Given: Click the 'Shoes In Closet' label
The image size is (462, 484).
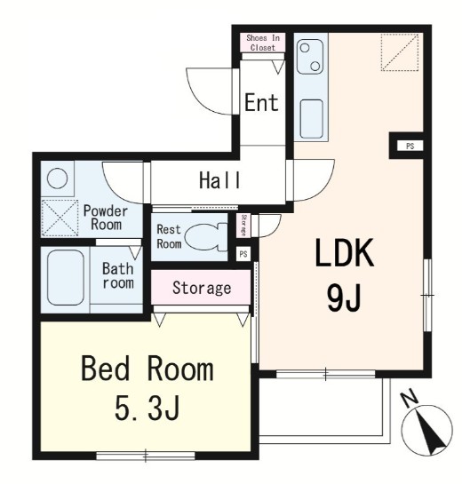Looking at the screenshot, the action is coord(263,43).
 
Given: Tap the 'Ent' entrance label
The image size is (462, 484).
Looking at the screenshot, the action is coord(261,102).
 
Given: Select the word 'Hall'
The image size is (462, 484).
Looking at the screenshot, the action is coord(219,180).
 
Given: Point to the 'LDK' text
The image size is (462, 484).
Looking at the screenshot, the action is coord(345,253).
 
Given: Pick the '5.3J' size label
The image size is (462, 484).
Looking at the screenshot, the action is coord(147,407).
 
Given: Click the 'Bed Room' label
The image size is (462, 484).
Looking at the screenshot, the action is coord(147,369).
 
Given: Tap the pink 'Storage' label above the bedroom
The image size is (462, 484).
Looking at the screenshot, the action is coord(202,288).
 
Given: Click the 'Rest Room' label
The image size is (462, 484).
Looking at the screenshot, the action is coord(169,236).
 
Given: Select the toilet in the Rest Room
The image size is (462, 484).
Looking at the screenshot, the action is coord(206,237).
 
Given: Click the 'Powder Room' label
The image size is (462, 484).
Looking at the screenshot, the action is coord(106,218).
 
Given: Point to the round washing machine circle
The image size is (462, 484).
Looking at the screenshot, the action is coord(58,179).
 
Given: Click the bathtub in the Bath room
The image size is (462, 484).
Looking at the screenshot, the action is coord(66,277).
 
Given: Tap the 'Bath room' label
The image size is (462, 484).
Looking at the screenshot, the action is coord(118,275).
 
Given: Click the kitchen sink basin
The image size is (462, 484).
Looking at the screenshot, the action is coord(311,119).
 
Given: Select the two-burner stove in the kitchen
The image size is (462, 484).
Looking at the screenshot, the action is coord(310,57).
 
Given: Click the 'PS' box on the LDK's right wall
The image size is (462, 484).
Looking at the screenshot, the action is coord(410,146).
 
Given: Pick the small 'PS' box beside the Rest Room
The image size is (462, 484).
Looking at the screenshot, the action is coord(243,254).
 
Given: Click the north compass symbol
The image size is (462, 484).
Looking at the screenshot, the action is coord(426,426).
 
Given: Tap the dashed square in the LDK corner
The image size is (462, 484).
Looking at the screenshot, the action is coord(400,52).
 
